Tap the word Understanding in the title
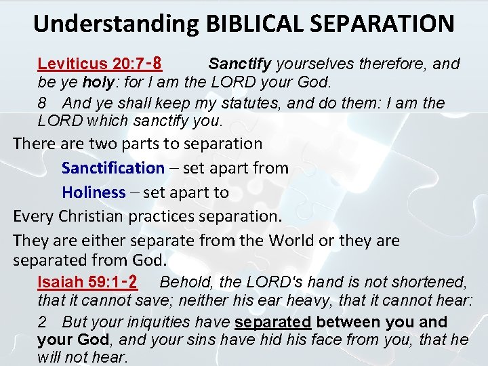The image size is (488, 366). click(116, 23)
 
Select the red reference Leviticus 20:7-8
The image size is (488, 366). click(99, 64)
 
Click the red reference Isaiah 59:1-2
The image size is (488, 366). click(88, 282)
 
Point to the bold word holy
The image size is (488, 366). click(97, 83)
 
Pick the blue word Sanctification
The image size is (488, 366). click(113, 168)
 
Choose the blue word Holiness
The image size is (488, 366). click(94, 192)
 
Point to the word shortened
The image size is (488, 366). click(427, 282)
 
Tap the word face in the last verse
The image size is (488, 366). click(335, 340)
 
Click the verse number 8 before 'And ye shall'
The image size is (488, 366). click(42, 103)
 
